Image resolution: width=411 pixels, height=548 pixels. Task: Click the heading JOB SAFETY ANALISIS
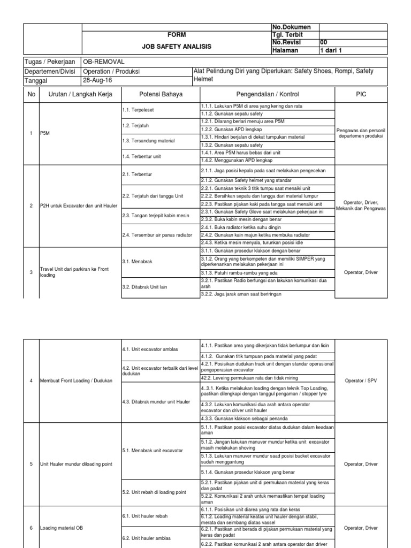(x=176, y=47)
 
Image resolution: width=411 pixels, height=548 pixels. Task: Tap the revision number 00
(x=323, y=42)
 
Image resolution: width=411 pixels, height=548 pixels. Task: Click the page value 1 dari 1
(x=331, y=50)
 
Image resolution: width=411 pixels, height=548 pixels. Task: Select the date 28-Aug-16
(x=97, y=80)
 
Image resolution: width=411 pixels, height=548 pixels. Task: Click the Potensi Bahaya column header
(x=161, y=94)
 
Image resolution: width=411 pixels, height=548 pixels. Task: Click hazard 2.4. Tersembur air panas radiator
(x=157, y=235)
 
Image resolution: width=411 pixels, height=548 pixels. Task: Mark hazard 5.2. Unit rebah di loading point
(x=154, y=492)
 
